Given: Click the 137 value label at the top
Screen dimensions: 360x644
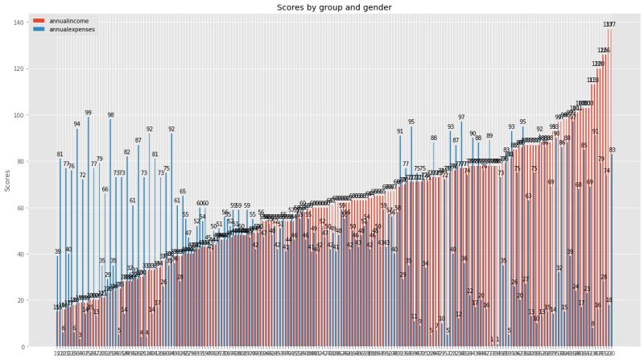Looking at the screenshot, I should (x=609, y=25).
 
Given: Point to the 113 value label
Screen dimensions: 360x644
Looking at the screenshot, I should (x=592, y=81).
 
